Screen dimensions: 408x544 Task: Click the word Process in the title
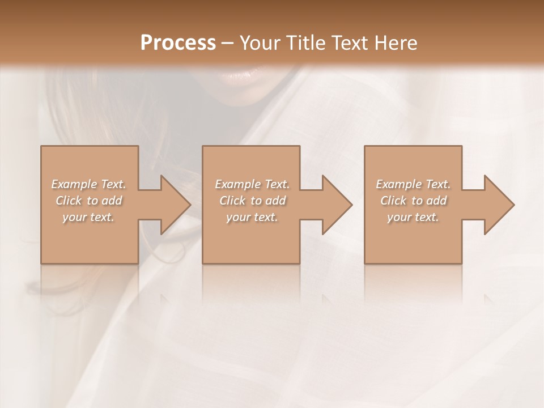pos(178,43)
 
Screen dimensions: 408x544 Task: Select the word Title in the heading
pos(306,43)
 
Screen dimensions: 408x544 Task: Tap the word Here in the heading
pos(397,43)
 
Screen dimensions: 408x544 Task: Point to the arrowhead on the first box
pos(173,205)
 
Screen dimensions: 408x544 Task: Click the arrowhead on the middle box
pos(335,205)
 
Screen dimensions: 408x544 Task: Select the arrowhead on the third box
pos(498,205)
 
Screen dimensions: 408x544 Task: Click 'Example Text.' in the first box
pos(88,184)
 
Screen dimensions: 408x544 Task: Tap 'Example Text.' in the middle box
pos(252,184)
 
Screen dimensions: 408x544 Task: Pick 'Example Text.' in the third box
pos(413,184)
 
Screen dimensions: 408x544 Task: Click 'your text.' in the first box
pos(88,217)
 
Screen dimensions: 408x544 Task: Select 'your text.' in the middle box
pos(252,217)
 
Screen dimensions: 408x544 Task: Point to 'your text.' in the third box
pos(413,217)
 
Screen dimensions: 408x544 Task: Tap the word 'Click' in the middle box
pos(232,201)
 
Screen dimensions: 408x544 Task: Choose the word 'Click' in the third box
pos(393,201)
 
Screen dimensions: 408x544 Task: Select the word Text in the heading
pos(348,43)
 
